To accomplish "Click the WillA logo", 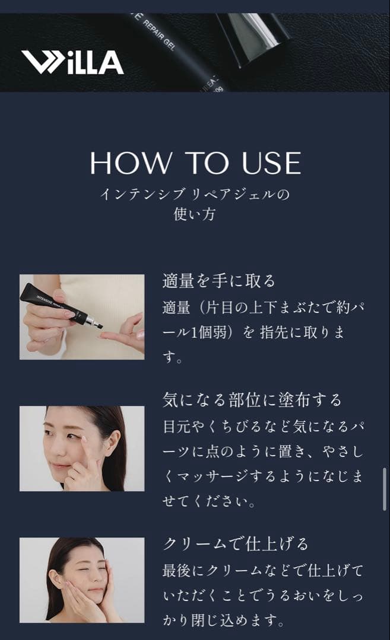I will [x=72, y=62].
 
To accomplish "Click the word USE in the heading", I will [x=269, y=163].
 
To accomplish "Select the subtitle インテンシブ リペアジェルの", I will [x=195, y=194].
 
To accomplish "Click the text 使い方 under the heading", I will [x=195, y=214].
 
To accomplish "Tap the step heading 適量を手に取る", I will [x=219, y=281].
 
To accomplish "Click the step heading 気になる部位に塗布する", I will [x=252, y=400].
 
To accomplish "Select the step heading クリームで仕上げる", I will [x=236, y=544].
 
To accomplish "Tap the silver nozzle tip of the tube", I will [x=95, y=324].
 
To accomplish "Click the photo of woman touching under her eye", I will [x=82, y=448].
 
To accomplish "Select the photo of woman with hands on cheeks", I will [x=82, y=580].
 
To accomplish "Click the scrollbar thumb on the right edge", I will [x=385, y=489].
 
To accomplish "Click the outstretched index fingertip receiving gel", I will [x=105, y=335].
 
